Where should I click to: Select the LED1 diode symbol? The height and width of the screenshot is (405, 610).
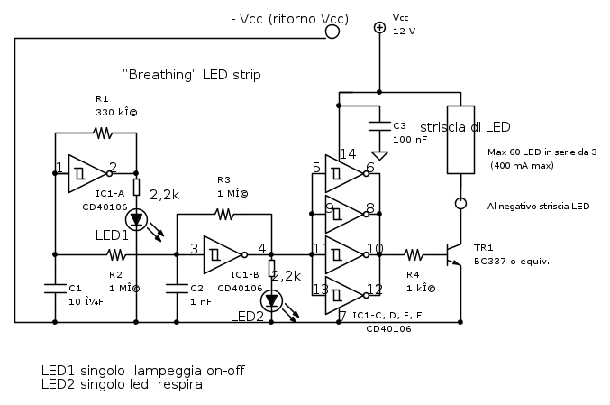pyautogui.click(x=136, y=218)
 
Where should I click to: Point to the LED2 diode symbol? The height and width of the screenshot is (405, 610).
pyautogui.click(x=271, y=299)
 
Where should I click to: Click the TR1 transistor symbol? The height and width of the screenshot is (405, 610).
pyautogui.click(x=454, y=254)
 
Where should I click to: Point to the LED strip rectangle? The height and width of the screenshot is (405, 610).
pyautogui.click(x=460, y=144)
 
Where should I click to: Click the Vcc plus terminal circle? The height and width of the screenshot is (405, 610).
pyautogui.click(x=379, y=28)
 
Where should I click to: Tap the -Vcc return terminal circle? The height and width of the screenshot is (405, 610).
pyautogui.click(x=332, y=32)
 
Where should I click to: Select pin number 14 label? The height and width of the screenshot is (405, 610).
pyautogui.click(x=346, y=153)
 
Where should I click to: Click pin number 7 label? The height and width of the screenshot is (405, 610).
pyautogui.click(x=342, y=316)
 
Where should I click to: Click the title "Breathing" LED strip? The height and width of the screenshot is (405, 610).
pyautogui.click(x=191, y=75)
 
